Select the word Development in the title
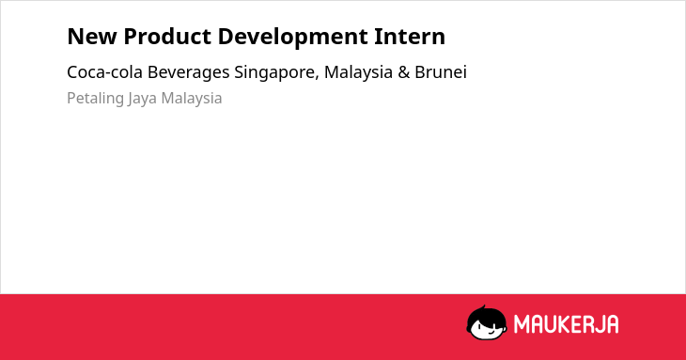click(x=292, y=38)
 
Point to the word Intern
click(x=410, y=37)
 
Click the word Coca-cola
click(x=105, y=72)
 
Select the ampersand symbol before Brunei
click(x=404, y=72)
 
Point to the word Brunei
click(x=441, y=72)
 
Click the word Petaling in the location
click(x=95, y=99)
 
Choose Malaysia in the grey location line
click(x=192, y=99)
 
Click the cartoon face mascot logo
click(x=487, y=322)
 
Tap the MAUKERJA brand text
click(x=566, y=324)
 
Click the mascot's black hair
click(x=486, y=313)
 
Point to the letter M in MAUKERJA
click(x=522, y=324)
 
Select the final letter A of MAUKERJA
click(x=613, y=324)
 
